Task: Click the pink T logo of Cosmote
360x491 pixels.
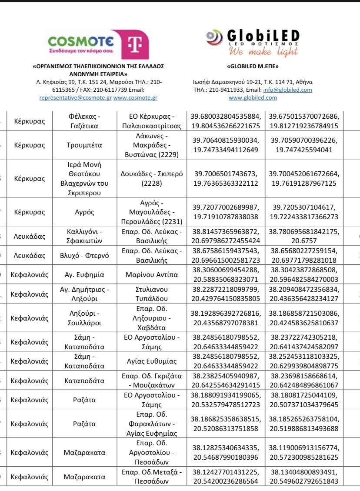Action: (x=130, y=45)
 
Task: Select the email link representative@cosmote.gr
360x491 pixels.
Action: (x=75, y=98)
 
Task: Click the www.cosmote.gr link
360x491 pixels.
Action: (x=135, y=98)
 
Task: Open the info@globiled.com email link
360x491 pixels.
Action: (x=288, y=90)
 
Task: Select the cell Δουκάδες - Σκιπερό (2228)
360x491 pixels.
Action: (x=152, y=179)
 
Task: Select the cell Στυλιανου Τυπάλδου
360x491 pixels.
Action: (x=152, y=294)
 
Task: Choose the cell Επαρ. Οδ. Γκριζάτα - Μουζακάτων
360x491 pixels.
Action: (x=152, y=381)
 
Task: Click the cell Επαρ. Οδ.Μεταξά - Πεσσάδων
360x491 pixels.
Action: (x=152, y=477)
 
